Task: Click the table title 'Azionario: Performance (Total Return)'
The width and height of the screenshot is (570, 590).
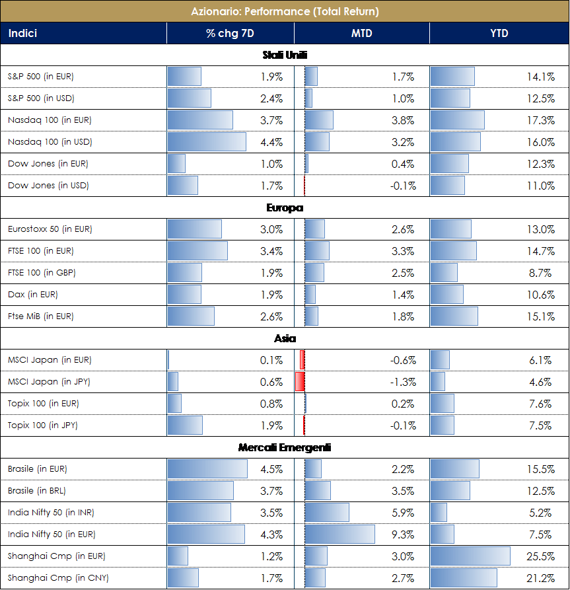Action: pos(285,11)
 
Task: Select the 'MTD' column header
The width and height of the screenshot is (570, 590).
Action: pos(361,33)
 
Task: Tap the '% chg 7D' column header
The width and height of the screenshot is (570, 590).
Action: pos(230,33)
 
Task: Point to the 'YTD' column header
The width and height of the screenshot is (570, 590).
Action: pos(499,33)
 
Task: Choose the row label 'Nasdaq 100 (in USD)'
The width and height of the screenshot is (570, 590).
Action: pos(50,142)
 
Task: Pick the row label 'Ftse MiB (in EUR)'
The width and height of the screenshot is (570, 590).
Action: pos(40,316)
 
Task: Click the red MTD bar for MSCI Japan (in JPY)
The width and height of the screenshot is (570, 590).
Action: pos(299,382)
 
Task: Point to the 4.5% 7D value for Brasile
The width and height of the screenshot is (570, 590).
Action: pos(271,469)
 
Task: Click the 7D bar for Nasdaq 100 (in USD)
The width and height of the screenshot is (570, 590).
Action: pos(207,142)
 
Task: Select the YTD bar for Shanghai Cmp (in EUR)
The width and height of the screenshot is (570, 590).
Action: pos(470,556)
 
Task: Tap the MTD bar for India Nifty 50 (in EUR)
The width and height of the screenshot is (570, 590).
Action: pos(339,535)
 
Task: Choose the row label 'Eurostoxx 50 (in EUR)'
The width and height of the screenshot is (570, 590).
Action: pos(50,229)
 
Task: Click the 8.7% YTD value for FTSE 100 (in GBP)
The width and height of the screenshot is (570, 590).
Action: pos(540,273)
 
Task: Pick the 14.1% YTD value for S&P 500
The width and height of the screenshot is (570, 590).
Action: pos(540,77)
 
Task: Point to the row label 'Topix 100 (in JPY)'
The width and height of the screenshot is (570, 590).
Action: pos(43,425)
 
